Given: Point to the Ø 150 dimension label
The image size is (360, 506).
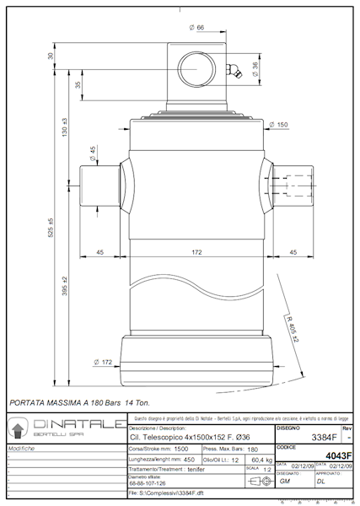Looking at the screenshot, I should tap(278, 124).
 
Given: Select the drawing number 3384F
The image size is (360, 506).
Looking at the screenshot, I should tap(324, 438).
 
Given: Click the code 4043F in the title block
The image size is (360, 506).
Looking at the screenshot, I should tap(338, 455).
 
